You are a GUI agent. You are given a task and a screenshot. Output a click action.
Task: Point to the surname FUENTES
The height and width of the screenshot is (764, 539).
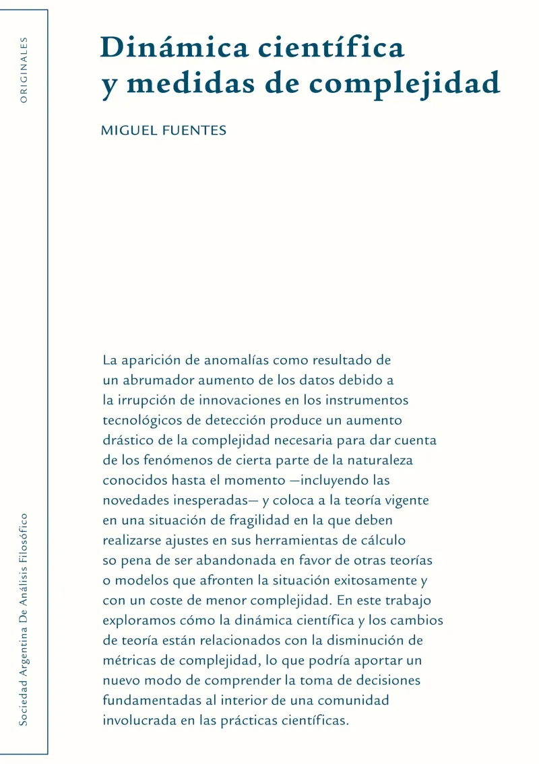(x=194, y=130)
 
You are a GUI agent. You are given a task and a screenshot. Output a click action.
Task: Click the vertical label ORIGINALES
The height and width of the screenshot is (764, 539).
(x=24, y=69)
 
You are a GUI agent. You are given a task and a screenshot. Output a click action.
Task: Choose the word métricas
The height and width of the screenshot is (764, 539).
(x=128, y=660)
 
